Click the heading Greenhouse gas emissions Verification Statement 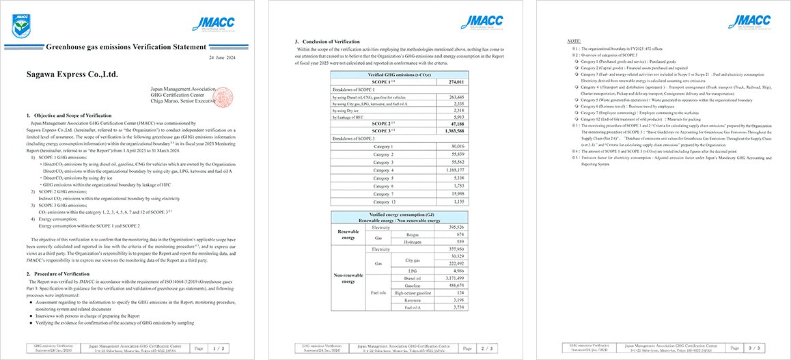(x=125, y=47)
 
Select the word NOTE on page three (x=574, y=41)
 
